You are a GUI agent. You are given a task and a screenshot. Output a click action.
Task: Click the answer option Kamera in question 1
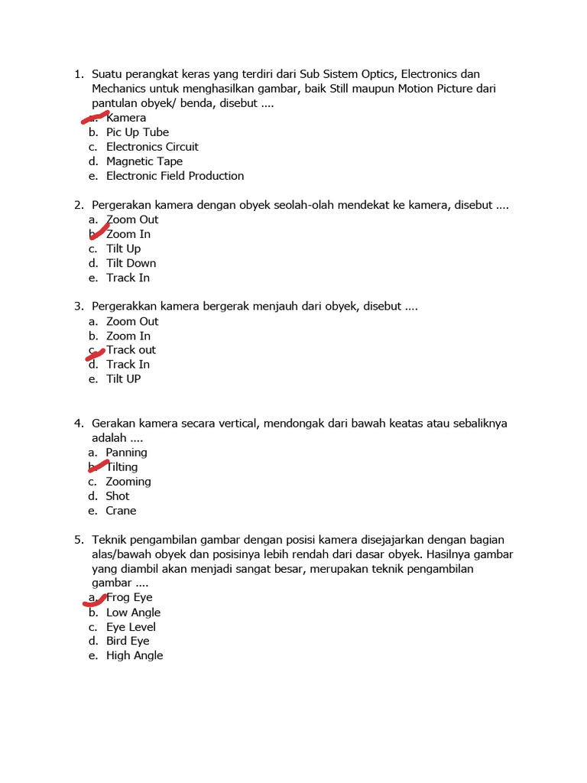[x=126, y=118]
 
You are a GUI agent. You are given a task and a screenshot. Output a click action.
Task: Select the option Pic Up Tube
[x=138, y=132]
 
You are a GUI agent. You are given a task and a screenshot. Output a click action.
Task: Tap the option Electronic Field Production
[x=175, y=176]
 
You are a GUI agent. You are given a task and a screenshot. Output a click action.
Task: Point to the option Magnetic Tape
[x=144, y=161]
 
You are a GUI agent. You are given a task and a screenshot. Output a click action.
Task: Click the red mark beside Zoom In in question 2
[x=99, y=232]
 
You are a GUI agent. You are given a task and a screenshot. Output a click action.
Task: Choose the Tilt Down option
[x=131, y=263]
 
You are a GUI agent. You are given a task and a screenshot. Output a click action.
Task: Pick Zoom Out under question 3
[x=132, y=321]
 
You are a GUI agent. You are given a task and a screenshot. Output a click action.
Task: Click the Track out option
[x=131, y=350]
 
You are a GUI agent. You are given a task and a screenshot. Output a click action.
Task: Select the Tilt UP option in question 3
[x=123, y=379]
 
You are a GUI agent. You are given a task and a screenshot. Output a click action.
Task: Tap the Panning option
[x=126, y=453]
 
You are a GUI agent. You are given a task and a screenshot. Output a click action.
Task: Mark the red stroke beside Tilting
[x=99, y=465]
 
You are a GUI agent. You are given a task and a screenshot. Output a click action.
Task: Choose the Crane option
[x=121, y=511]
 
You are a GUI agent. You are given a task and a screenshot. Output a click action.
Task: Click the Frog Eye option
[x=129, y=597]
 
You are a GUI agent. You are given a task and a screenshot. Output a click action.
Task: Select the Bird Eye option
[x=128, y=641]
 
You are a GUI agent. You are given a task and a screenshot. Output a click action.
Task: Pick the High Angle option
[x=135, y=655]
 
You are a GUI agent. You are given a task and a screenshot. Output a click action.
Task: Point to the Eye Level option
[x=131, y=627]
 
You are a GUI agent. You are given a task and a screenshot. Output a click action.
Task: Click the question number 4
[x=78, y=424]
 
